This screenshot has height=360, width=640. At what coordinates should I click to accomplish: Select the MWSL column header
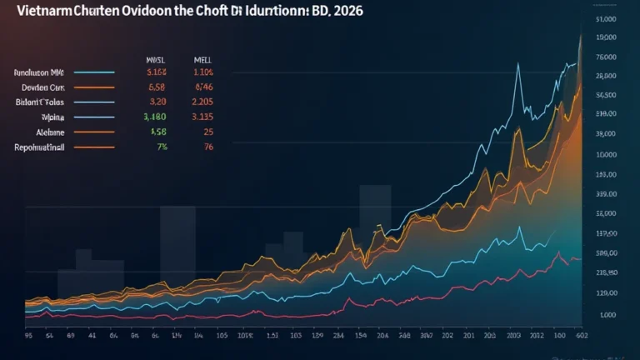157,59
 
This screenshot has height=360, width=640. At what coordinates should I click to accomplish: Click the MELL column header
203,59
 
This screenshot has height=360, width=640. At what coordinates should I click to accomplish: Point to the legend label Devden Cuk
38,86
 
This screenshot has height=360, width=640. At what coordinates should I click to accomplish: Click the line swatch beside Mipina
93,117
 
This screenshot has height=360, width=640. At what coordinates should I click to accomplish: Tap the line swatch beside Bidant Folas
93,102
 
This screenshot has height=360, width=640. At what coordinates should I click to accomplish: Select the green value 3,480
157,117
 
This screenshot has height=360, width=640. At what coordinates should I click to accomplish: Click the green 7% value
161,147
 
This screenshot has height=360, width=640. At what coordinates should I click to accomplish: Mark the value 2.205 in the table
203,102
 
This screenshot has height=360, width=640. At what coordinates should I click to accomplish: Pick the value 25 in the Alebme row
208,132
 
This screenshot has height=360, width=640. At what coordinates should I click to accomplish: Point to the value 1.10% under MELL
203,72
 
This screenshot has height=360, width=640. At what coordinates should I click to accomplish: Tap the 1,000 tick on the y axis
607,315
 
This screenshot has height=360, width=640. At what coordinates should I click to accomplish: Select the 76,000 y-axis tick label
606,57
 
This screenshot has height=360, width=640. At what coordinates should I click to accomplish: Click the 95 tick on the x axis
30,336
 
